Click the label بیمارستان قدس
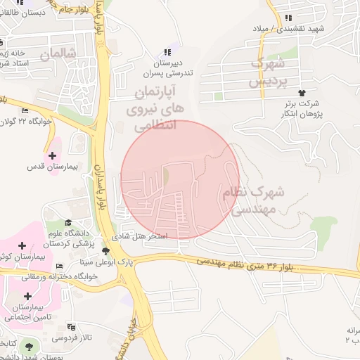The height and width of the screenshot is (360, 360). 46,167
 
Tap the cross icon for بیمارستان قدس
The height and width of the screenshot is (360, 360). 52,155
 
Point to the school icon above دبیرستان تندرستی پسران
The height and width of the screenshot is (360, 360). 167,52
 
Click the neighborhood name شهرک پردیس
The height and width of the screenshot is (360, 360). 269,73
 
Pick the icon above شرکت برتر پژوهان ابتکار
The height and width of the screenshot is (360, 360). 302,92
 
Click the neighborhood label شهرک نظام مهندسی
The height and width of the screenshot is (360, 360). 253,200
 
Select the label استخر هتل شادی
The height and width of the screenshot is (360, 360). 143,236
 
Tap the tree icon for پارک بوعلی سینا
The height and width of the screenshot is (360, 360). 106,251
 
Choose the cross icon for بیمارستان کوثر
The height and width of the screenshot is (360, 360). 23,245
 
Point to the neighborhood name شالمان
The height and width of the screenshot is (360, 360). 57,54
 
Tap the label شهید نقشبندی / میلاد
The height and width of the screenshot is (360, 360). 290,29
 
